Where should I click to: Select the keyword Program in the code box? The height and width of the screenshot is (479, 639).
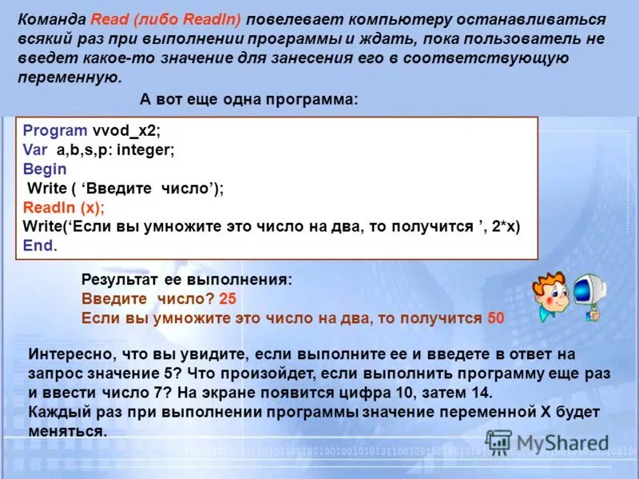coord(55,130)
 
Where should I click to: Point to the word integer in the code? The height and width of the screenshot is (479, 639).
coord(146,149)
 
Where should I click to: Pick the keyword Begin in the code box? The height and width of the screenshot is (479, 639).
coord(45,168)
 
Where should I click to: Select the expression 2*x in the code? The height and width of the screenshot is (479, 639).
coord(504,226)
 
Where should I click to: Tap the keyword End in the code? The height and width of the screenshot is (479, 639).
coord(38,245)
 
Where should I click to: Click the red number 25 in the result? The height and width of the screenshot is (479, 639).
coord(228,299)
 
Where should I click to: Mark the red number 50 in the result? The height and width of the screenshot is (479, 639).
coord(495,317)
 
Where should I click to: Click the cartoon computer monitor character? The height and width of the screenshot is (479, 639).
coord(589,291)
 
